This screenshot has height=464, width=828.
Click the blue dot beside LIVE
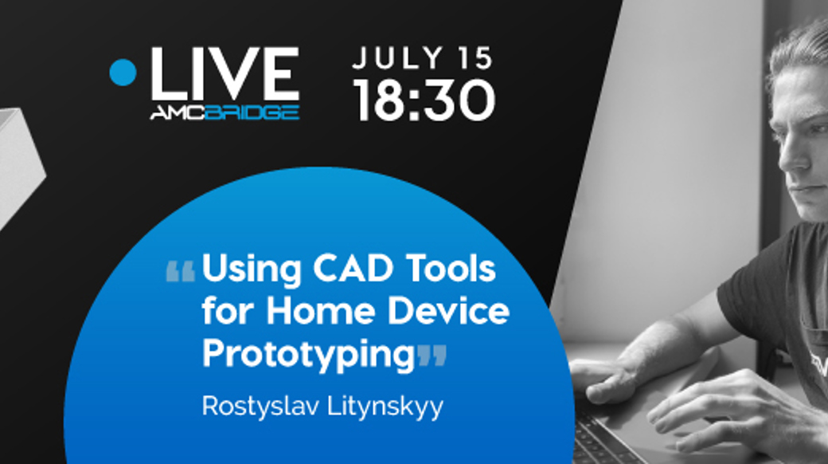[123, 72]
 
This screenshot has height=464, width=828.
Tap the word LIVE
[225, 74]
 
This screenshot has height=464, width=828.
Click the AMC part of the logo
[178, 112]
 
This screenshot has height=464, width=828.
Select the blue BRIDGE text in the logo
[252, 112]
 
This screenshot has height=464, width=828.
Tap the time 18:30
[424, 100]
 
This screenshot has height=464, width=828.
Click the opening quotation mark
[181, 271]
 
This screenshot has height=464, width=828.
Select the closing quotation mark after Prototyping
[432, 356]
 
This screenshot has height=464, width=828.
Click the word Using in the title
[252, 269]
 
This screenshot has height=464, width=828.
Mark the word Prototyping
[309, 355]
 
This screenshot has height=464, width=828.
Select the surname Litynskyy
[385, 407]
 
